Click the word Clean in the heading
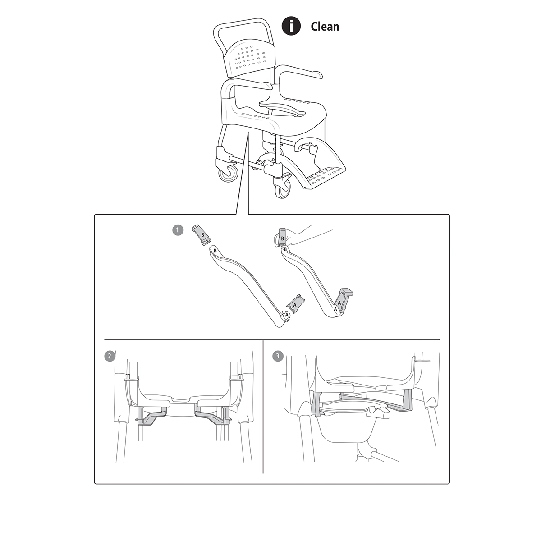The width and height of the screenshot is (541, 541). click(x=325, y=27)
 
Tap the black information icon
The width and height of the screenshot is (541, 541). click(x=291, y=26)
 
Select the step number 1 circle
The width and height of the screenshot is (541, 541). click(x=178, y=230)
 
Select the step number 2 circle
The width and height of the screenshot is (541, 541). click(x=110, y=356)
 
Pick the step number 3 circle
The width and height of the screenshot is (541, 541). click(x=278, y=356)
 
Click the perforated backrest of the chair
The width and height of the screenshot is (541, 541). click(x=249, y=59)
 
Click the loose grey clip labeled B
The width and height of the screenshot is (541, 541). click(x=201, y=235)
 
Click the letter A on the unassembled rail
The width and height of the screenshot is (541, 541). click(x=286, y=315)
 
